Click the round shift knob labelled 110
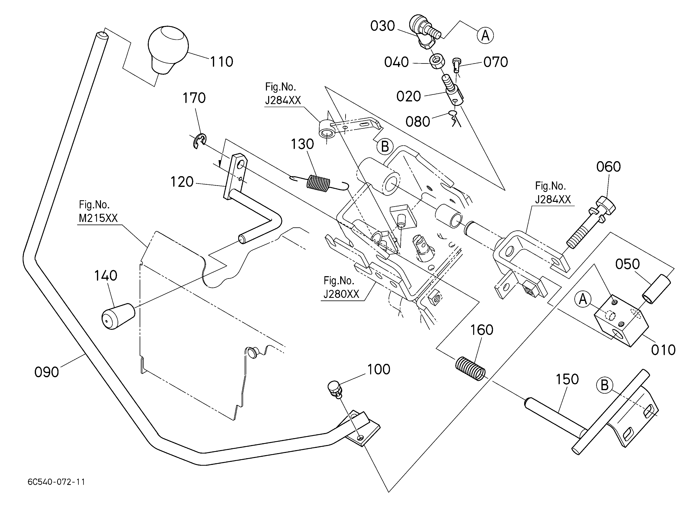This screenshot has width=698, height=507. pos(168,49)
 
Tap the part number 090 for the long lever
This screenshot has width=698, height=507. pos(47,372)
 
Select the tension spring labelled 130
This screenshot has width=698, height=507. pos(319,184)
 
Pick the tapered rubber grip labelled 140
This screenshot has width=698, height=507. pos(118,316)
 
